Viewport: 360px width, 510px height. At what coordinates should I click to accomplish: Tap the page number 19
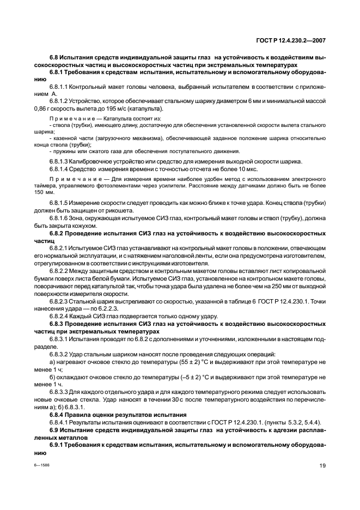pos(322,465)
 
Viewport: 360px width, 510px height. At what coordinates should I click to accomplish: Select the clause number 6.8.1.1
pos(59,87)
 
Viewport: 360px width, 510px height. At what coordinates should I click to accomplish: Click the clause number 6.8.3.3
pos(59,393)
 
